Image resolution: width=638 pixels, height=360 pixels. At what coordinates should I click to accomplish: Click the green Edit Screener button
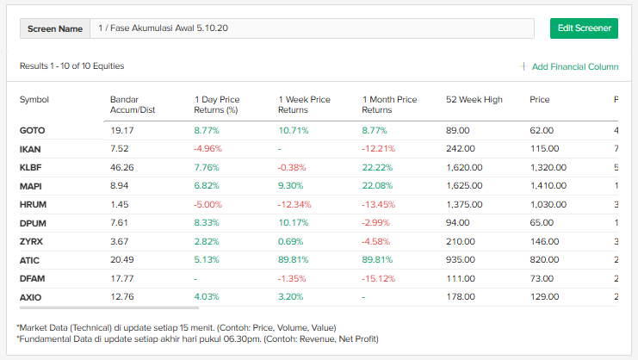pos(584,28)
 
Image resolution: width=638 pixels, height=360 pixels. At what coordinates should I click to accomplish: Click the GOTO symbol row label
pos(32,130)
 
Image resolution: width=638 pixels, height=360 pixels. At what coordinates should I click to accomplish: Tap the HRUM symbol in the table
pos(33,203)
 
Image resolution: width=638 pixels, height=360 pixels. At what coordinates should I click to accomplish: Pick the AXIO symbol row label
pos(31,297)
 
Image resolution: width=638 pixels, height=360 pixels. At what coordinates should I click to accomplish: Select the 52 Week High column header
pos(474,99)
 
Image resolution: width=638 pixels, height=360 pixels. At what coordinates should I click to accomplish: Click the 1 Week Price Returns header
pos(304,104)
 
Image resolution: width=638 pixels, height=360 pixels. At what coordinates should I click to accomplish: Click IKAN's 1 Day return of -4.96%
pos(208,148)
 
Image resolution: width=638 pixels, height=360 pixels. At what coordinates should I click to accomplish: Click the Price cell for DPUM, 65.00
pos(542,222)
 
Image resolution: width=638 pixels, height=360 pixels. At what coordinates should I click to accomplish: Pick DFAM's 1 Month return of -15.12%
pos(379,278)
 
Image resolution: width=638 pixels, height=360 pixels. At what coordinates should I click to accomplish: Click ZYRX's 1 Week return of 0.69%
pos(291,241)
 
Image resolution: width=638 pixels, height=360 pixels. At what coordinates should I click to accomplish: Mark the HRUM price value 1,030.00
pos(548,203)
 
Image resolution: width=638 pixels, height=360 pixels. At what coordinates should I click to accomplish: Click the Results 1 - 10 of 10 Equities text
pos(72,66)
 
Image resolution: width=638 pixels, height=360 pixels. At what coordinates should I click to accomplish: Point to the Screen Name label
pos(55,28)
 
